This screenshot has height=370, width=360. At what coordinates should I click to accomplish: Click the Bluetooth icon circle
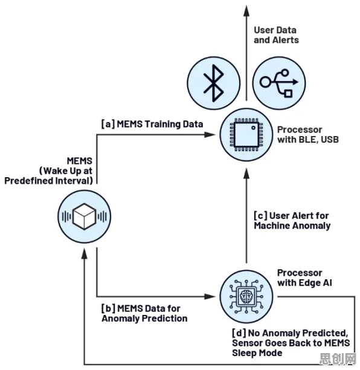click(x=214, y=83)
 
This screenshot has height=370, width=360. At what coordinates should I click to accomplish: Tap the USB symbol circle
click(x=279, y=83)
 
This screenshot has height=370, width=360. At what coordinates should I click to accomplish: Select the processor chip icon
click(x=246, y=135)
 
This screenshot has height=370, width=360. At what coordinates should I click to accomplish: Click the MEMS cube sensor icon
click(x=85, y=216)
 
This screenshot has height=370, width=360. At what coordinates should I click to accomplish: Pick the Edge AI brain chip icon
click(x=246, y=296)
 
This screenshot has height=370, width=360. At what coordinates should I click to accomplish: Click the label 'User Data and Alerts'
click(x=276, y=35)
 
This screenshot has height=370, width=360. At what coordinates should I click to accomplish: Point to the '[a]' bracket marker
click(x=108, y=124)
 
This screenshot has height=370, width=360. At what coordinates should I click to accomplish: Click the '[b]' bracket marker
click(x=108, y=308)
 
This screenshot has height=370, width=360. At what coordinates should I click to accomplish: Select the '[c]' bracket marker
click(x=260, y=216)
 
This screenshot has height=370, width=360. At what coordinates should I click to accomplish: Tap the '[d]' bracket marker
click(x=239, y=333)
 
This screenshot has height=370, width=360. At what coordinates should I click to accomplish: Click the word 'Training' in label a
click(x=160, y=125)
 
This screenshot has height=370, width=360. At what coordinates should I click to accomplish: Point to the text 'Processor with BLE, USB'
click(x=308, y=134)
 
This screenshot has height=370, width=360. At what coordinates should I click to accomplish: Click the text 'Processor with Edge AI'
click(x=304, y=277)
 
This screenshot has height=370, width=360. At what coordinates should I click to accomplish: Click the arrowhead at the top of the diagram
click(x=246, y=11)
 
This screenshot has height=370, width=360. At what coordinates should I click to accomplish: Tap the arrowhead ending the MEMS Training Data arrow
click(x=210, y=135)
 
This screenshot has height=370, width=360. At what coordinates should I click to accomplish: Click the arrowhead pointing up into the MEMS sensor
click(x=85, y=253)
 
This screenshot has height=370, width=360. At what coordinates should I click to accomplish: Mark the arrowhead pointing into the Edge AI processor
click(x=210, y=296)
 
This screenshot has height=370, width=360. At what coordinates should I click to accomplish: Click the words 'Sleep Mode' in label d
click(x=257, y=353)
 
